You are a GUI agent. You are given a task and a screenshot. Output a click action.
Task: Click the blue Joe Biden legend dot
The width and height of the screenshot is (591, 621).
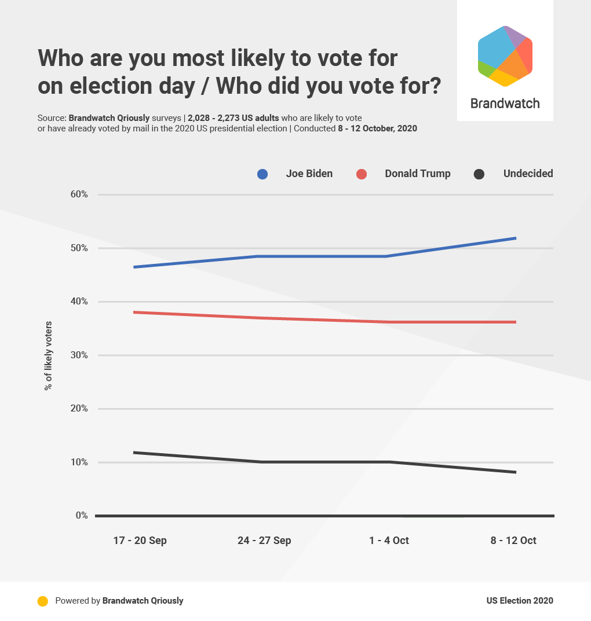262,174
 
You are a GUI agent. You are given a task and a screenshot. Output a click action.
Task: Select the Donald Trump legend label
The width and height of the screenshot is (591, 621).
417,174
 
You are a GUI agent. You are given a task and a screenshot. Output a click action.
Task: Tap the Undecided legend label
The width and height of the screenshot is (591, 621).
528,174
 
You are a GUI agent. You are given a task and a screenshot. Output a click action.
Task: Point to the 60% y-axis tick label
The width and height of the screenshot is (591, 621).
78,194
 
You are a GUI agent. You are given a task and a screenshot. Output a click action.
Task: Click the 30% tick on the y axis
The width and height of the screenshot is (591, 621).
78,355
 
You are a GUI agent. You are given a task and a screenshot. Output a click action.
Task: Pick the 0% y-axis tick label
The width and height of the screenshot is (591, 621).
81,516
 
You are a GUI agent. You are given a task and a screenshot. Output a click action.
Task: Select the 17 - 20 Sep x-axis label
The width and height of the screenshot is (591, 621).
140,541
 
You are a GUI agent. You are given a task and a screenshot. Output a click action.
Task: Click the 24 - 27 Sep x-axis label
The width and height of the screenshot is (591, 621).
264,541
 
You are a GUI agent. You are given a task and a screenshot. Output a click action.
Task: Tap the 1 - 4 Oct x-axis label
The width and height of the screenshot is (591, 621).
389,541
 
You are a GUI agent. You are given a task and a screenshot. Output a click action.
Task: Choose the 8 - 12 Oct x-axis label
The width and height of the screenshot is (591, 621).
513,541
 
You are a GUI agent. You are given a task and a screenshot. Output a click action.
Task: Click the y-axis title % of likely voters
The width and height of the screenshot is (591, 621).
48,355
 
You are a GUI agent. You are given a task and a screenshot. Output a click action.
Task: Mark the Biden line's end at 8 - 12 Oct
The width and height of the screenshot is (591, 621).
515,238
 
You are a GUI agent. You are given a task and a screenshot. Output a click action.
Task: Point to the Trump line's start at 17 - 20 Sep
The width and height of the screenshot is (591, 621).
135,313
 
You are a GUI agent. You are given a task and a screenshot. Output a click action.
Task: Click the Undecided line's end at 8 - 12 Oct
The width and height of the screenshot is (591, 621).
515,472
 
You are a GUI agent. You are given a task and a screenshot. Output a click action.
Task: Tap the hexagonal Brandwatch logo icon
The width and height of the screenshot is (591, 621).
505,56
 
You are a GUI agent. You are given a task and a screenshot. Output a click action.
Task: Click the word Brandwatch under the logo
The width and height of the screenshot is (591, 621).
505,104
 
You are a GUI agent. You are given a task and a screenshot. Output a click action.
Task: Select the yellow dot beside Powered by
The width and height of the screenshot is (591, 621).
42,601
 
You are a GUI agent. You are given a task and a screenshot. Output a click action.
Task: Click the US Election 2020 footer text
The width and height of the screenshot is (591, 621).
520,601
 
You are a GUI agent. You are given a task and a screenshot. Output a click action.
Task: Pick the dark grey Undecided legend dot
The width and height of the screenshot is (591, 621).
479,174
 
